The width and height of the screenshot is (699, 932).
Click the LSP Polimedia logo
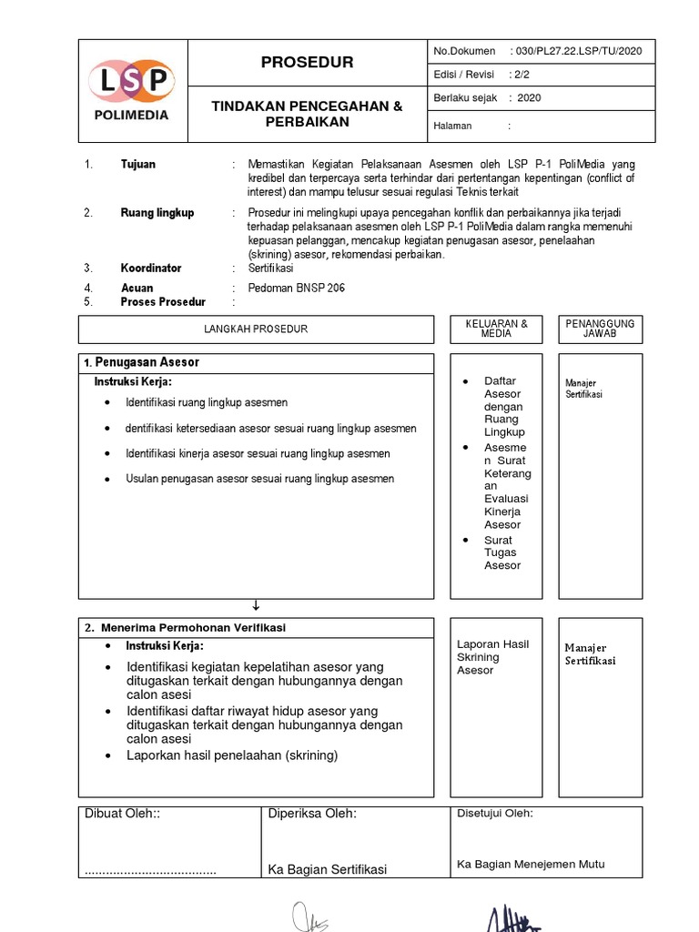tap(130, 89)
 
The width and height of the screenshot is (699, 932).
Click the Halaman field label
tap(453, 127)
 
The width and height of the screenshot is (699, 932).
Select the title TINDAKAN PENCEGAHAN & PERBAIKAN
tap(307, 114)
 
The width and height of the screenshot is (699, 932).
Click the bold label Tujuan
tap(137, 165)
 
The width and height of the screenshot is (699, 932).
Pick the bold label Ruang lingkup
tap(157, 213)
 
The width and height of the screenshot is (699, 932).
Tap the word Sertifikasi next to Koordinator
tap(270, 268)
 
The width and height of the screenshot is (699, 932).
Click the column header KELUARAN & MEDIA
tap(496, 329)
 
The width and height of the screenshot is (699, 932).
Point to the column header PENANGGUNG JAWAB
tap(600, 329)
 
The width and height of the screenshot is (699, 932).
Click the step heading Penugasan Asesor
tap(147, 362)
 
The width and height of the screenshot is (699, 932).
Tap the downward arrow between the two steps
tap(256, 605)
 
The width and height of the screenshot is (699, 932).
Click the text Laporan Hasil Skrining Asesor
tap(491, 657)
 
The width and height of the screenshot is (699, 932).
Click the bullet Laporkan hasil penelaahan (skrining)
tap(231, 755)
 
